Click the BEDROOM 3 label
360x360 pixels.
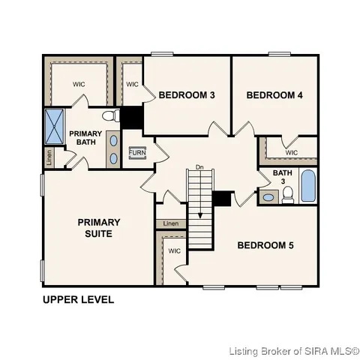point(187,95)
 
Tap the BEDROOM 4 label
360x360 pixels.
point(274,95)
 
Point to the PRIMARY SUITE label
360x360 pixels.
point(99,228)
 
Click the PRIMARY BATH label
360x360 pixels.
point(85,139)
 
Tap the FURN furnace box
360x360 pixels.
point(137,153)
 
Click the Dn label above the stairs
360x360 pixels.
point(199,166)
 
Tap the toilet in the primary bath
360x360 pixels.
point(111,116)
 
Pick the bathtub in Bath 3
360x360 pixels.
point(308,186)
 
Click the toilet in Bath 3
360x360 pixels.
point(288,196)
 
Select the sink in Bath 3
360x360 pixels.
point(268,198)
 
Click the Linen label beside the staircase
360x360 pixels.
point(172,223)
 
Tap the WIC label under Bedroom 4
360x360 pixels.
point(292,153)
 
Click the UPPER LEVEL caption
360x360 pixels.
point(78,300)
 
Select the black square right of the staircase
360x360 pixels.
point(221,199)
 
